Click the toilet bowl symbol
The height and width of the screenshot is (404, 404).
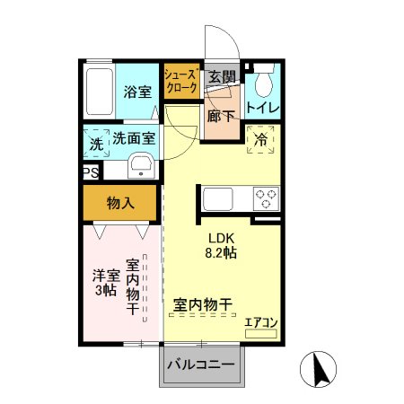[x=262, y=84]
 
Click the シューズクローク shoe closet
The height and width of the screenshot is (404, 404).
[x=180, y=84]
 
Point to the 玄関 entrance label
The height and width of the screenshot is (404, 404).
[x=221, y=77]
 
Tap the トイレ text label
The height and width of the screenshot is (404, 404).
[x=263, y=108]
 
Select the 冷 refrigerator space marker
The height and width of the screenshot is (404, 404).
[x=260, y=140]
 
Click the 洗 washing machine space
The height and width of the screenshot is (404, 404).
[x=95, y=144]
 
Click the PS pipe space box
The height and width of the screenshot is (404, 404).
[x=90, y=172]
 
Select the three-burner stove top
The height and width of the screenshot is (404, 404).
[x=267, y=197]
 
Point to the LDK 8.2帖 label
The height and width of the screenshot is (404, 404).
[x=222, y=246]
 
